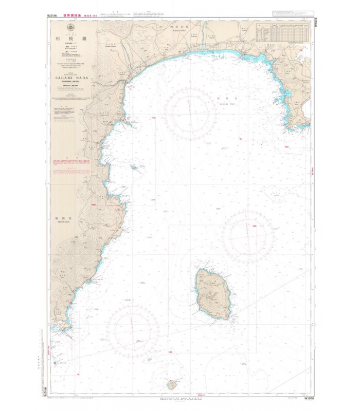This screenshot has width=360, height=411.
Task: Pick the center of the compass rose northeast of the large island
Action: point(247,236)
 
